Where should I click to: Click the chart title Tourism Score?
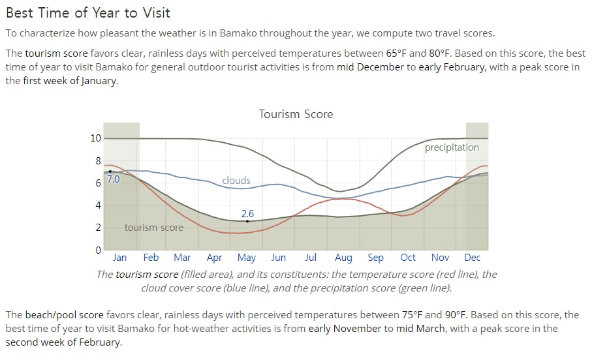[296, 114]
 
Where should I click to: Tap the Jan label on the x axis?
[119, 258]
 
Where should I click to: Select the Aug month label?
[343, 258]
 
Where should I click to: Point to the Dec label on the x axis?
[472, 258]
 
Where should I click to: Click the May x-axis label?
[247, 258]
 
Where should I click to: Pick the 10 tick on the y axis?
[95, 138]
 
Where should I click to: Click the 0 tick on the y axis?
[98, 250]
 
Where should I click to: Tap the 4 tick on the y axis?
[98, 205]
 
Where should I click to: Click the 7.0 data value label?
[114, 179]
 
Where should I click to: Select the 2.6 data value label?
[247, 213]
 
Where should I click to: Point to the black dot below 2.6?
[247, 221]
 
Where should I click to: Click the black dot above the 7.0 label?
[110, 172]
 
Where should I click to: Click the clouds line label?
[236, 181]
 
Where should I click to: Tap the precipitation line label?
[452, 147]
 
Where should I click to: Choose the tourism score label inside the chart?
[153, 228]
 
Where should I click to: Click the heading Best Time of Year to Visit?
[88, 13]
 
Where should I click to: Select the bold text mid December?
[370, 67]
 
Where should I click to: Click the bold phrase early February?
[452, 67]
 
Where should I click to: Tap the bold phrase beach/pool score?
[64, 315]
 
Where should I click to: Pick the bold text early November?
[345, 328]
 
